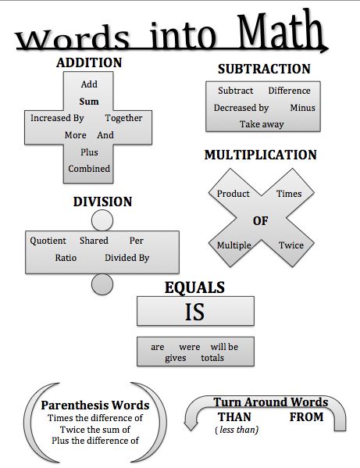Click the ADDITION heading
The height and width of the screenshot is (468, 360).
coord(88,63)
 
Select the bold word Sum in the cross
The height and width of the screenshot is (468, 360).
coord(89,102)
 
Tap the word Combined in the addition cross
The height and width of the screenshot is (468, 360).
coord(89,169)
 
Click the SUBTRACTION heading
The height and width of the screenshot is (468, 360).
coord(264,70)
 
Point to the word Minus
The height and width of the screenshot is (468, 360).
coord(302,108)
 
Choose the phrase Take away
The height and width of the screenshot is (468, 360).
coord(262,124)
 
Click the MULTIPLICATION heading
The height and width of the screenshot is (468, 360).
coord(260,155)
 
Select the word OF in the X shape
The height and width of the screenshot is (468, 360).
coord(260,221)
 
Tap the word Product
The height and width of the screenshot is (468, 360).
coord(233,194)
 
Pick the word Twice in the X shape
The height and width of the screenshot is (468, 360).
coord(290,245)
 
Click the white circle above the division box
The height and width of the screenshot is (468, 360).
coord(102,220)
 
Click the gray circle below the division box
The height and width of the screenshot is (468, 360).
coord(102,284)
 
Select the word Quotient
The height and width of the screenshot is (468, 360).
coord(48,241)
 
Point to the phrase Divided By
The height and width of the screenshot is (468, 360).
coord(127,258)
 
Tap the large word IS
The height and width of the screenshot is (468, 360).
coord(194,313)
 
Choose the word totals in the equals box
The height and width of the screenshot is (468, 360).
coord(212,358)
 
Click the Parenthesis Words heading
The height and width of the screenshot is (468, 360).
coord(94,405)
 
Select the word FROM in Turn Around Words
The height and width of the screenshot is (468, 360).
coord(306,417)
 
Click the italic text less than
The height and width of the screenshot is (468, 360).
coord(237,430)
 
